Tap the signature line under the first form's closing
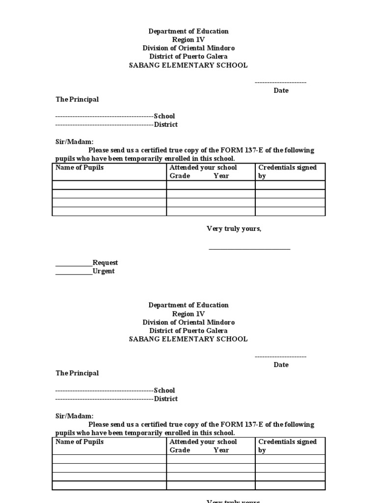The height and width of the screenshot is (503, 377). tap(249, 249)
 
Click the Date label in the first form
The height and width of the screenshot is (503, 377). tap(281, 90)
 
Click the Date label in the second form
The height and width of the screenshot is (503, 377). tap(281, 364)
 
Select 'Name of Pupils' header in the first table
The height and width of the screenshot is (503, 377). tap(80, 168)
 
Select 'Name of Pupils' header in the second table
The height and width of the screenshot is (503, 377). tap(80, 442)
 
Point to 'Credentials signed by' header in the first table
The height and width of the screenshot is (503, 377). tap(287, 171)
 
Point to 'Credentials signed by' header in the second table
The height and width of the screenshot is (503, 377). tap(287, 446)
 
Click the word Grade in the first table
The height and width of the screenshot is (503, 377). tap(180, 176)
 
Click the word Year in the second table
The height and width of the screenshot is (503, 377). tap(221, 450)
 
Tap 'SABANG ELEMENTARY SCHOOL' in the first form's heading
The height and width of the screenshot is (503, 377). tap(188, 65)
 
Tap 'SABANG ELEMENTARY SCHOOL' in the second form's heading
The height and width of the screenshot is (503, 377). tap(188, 339)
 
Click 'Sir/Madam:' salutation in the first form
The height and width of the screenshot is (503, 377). tap(74, 142)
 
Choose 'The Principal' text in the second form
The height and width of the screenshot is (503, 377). tap(77, 373)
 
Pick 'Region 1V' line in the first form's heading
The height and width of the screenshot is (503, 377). tap(188, 40)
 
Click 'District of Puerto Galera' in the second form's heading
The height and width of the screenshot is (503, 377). tap(188, 331)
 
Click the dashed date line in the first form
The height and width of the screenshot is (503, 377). tap(280, 83)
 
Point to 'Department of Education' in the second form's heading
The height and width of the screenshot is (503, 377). tap(188, 306)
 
